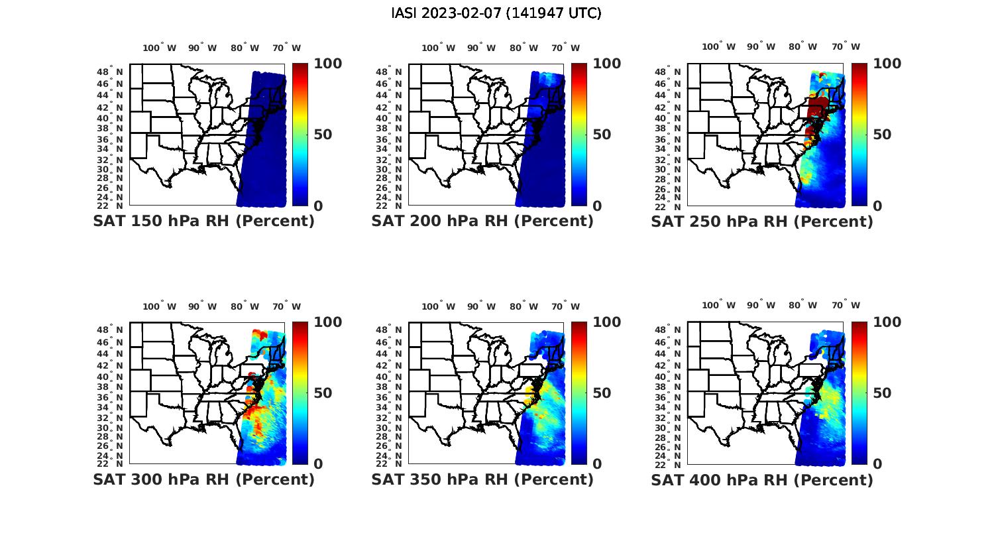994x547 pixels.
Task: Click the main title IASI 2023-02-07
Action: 496,13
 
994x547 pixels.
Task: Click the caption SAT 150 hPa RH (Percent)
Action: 203,221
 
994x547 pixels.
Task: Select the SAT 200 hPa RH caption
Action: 482,221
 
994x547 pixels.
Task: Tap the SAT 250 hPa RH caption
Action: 762,221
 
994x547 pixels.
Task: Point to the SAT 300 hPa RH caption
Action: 203,479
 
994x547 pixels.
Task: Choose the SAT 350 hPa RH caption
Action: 482,479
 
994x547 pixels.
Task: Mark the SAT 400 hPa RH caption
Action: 762,479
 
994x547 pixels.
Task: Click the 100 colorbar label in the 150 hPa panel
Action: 328,64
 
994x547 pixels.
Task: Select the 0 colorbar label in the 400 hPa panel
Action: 878,464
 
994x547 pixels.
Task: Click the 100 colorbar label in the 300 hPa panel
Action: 328,322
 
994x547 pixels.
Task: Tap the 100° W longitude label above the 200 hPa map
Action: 438,48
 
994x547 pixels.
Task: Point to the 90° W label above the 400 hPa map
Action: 759,305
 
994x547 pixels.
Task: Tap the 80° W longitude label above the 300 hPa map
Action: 245,306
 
